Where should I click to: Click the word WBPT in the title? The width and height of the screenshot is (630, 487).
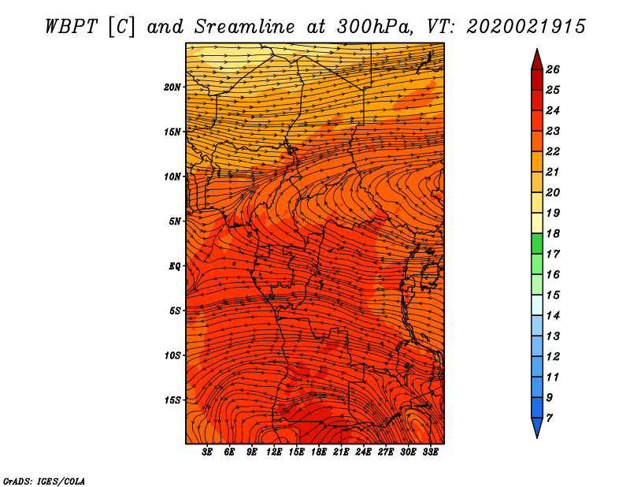[x=71, y=27]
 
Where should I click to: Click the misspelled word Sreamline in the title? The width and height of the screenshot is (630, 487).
[x=245, y=27]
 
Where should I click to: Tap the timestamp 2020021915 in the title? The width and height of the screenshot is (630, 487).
[x=526, y=27]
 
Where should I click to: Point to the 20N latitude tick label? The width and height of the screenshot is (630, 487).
[x=172, y=87]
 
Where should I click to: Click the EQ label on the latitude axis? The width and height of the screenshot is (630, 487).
[x=175, y=266]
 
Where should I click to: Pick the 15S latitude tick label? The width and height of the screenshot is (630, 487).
[x=172, y=400]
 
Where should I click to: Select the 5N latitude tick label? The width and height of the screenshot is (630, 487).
[x=175, y=221]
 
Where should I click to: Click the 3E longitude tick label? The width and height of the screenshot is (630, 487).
[x=207, y=452]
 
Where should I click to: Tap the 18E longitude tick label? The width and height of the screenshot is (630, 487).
[x=319, y=452]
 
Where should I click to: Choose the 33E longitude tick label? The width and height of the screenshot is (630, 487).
[x=430, y=452]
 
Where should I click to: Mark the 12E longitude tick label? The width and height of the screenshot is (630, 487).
[x=274, y=452]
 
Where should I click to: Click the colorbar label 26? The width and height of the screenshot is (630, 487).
[x=553, y=69]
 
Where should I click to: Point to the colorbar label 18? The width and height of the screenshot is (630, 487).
[x=553, y=233]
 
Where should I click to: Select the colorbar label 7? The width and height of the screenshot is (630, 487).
[x=550, y=418]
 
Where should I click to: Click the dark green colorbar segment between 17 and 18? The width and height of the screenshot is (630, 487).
[x=537, y=243]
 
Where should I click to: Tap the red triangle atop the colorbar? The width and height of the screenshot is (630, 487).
[x=537, y=60]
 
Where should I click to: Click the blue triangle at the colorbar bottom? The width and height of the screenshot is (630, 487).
[x=537, y=428]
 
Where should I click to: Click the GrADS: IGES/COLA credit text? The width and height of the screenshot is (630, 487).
[x=44, y=481]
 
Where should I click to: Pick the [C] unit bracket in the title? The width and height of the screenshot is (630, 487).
[x=121, y=27]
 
